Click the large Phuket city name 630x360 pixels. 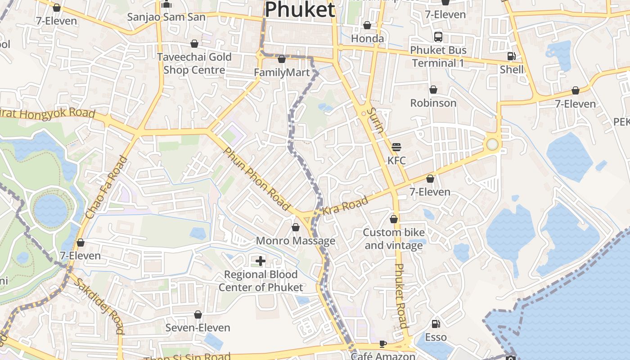300,9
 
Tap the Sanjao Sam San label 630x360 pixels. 166,17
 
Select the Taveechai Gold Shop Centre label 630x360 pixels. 194,63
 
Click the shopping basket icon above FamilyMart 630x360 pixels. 282,59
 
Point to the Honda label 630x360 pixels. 367,38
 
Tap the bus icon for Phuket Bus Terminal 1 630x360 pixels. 438,36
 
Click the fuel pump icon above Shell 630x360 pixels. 511,56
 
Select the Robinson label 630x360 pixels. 433,103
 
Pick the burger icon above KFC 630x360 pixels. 396,147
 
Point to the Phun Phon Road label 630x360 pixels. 256,179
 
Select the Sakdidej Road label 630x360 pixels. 99,306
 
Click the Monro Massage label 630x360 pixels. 295,241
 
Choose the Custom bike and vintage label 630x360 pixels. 394,239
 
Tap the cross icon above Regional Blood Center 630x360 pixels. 260,261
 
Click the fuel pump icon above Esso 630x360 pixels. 436,324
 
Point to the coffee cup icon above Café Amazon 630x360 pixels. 382,344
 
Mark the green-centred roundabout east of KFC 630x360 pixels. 492,144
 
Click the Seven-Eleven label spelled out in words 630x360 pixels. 198,328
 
